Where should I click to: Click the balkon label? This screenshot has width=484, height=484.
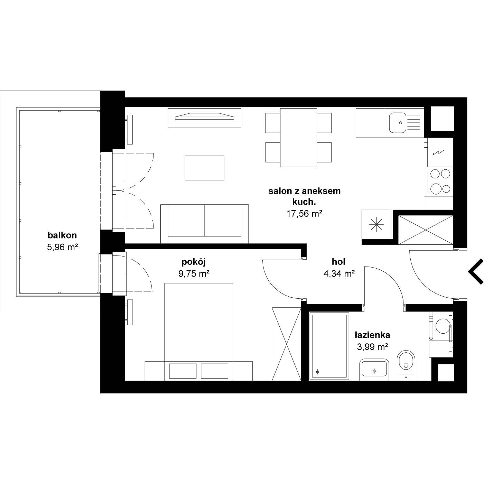(62, 235)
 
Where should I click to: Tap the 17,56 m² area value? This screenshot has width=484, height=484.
(304, 214)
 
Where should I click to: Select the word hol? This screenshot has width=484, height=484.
(338, 262)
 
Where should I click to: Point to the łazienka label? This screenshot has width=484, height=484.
(372, 335)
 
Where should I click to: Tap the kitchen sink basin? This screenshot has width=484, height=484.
(398, 123)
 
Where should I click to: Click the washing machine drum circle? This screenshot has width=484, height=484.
(443, 326)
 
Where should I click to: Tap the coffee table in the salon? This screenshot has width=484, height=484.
(204, 168)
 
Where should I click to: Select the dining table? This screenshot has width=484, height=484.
(298, 138)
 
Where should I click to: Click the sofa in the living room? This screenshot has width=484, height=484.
(204, 224)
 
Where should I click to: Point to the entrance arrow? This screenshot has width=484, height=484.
(476, 271)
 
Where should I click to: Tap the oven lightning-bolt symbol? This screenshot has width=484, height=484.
(439, 152)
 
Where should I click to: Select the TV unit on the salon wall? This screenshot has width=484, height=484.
(204, 118)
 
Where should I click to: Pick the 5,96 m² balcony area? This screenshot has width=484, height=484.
(62, 247)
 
